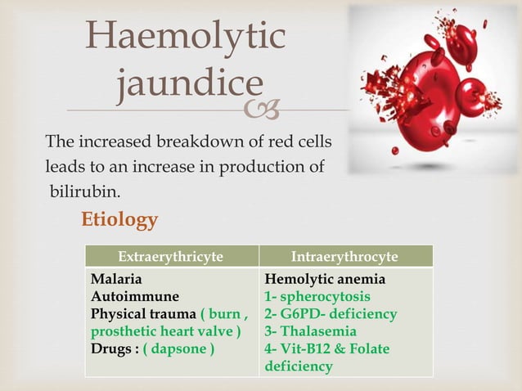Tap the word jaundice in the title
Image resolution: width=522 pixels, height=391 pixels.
(190, 83)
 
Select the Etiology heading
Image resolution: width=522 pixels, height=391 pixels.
(119, 220)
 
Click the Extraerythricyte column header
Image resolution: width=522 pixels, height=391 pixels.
(171, 256)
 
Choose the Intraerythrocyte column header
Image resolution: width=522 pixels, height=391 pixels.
(344, 256)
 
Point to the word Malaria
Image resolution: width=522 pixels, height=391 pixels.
(116, 279)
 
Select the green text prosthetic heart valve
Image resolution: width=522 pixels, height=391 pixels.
(165, 331)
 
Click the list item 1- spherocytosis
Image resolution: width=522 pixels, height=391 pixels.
(317, 296)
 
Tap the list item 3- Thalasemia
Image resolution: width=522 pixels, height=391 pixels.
(310, 331)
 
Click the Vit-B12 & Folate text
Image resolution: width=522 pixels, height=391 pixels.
(327, 349)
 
